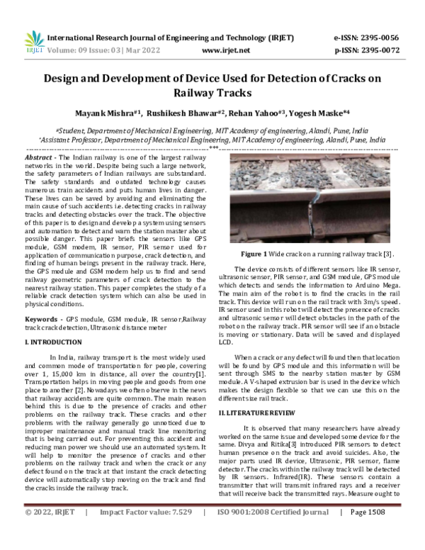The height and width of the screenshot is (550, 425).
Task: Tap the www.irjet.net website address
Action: [226, 50]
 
